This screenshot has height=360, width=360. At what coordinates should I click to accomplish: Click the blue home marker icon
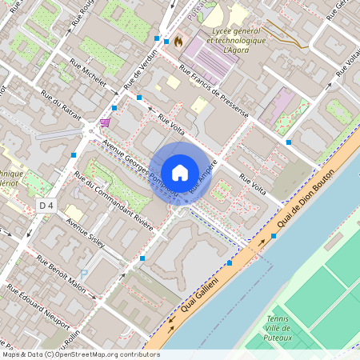click(180, 173)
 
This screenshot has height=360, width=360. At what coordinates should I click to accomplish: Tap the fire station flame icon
click(178, 40)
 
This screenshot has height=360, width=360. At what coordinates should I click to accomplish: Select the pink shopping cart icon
click(105, 123)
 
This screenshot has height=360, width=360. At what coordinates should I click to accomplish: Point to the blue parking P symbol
click(83, 274)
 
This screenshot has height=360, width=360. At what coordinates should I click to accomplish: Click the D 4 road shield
click(47, 206)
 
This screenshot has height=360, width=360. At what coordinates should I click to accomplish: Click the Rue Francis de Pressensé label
click(214, 94)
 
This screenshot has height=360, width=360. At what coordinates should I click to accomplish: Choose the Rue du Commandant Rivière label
click(113, 200)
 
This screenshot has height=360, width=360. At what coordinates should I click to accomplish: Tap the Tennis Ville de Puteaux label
click(278, 328)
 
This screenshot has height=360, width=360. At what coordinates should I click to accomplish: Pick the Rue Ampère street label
click(203, 182)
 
